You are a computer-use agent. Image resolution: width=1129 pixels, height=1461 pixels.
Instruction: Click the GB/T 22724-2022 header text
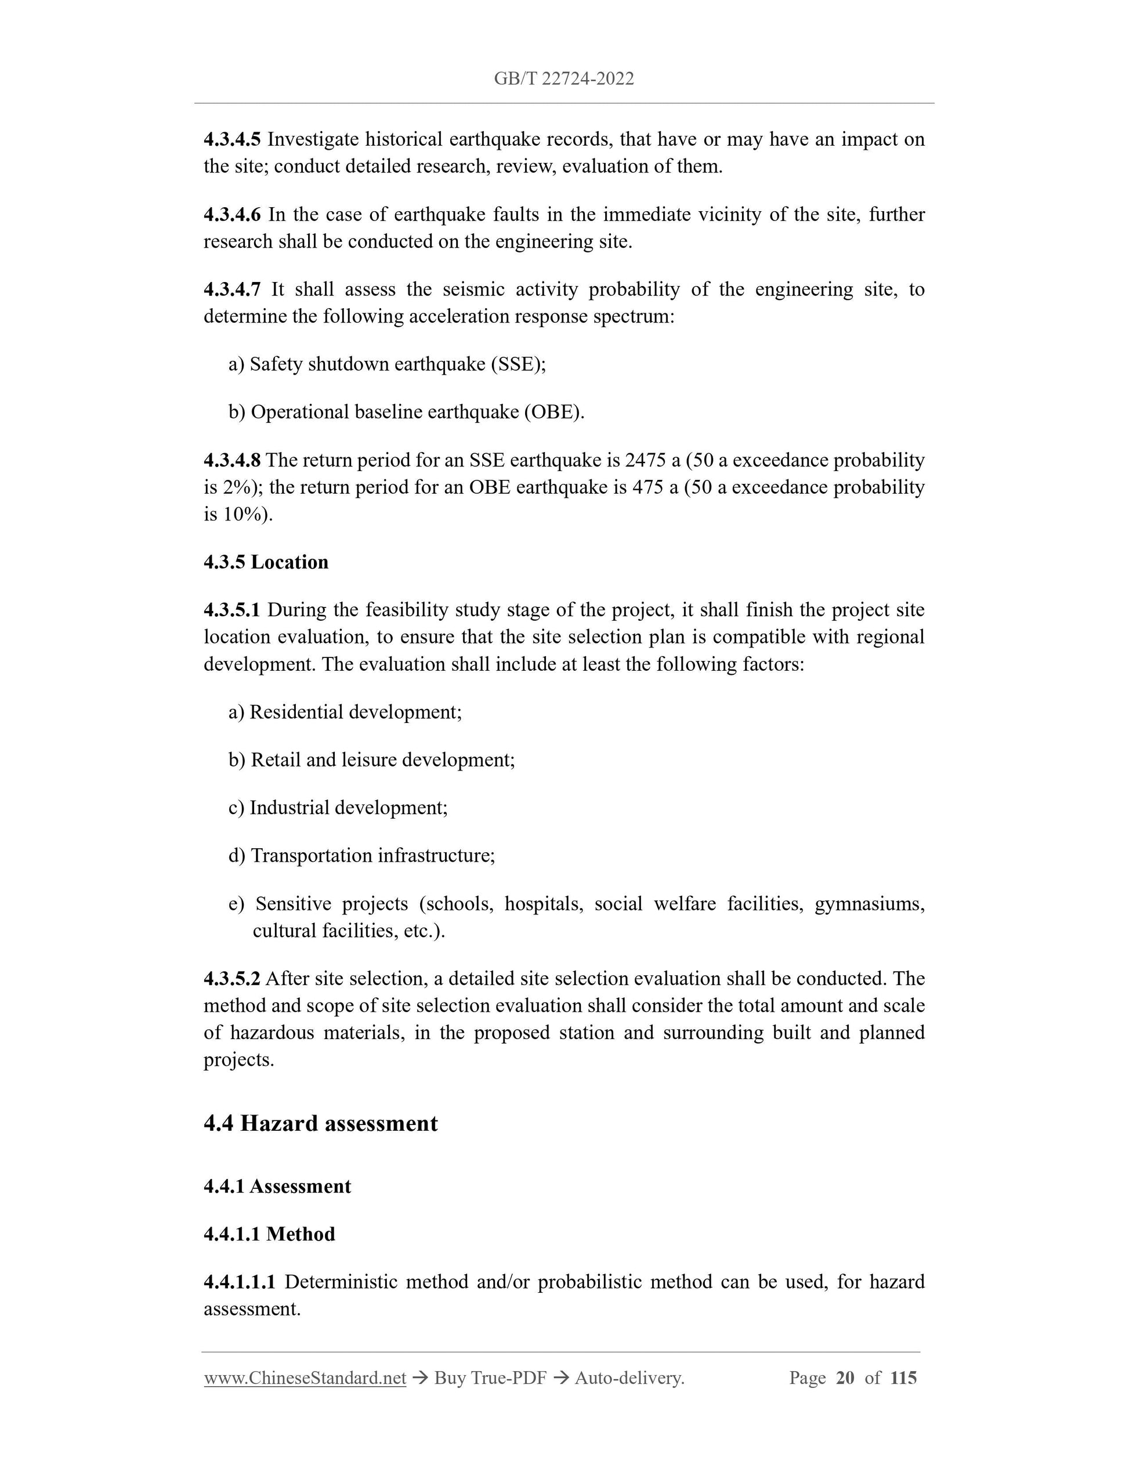pyautogui.click(x=564, y=79)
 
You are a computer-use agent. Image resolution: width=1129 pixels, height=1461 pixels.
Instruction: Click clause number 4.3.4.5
pyautogui.click(x=231, y=139)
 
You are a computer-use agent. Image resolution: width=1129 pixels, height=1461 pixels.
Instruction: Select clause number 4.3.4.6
pyautogui.click(x=231, y=214)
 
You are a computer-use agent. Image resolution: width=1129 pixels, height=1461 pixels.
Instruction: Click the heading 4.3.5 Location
pyautogui.click(x=266, y=562)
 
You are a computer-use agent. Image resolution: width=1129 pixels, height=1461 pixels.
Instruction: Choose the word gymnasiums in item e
pyautogui.click(x=869, y=904)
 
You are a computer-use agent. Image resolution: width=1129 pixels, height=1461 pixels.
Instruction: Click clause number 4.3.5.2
pyautogui.click(x=231, y=979)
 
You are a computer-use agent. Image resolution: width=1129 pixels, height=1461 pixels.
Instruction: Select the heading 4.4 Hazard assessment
pyautogui.click(x=320, y=1123)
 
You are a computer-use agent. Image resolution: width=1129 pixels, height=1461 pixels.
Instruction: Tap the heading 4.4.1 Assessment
pyautogui.click(x=277, y=1186)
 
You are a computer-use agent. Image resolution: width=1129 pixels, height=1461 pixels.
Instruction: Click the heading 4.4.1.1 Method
pyautogui.click(x=269, y=1234)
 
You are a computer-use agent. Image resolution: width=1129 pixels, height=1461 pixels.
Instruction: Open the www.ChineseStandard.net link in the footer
pyautogui.click(x=305, y=1378)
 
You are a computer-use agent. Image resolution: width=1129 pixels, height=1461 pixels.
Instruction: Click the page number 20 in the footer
pyautogui.click(x=845, y=1378)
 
